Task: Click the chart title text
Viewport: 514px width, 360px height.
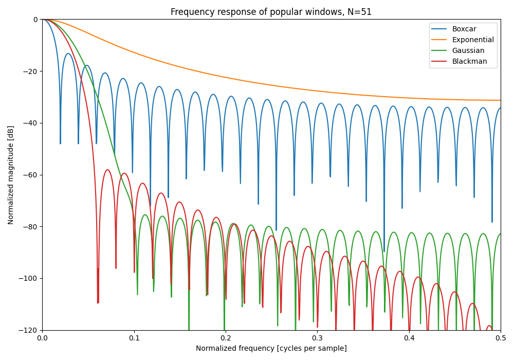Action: (x=271, y=12)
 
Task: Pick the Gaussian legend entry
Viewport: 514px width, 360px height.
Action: (x=468, y=50)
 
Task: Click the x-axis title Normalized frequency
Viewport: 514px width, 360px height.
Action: (x=271, y=349)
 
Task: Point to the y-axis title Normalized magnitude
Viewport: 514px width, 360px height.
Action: (x=11, y=175)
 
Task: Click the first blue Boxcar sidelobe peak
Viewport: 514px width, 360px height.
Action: (x=68, y=53)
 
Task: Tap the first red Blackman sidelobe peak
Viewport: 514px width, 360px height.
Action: (x=107, y=170)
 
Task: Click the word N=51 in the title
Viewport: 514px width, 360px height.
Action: (x=360, y=12)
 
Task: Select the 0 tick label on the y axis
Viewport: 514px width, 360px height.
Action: (x=35, y=20)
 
